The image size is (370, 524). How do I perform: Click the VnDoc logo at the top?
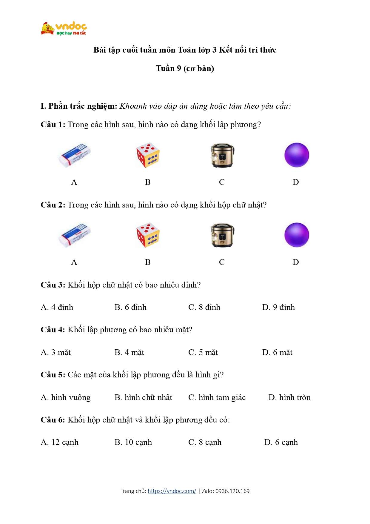pos(64,29)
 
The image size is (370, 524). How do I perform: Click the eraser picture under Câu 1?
pos(75,155)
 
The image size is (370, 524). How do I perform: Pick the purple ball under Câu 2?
pos(296,235)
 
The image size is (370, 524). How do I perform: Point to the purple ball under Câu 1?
pos(296,155)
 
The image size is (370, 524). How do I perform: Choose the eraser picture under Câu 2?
pos(75,235)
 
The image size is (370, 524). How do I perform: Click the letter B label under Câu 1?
pos(148,182)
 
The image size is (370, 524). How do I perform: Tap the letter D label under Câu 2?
pos(295,262)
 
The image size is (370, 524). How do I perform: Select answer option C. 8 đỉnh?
pos(204,307)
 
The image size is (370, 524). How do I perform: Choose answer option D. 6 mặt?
pos(277,352)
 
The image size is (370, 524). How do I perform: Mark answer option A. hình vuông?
pos(66,397)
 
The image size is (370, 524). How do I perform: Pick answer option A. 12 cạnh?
pos(60,442)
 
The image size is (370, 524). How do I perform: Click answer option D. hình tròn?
pos(289,397)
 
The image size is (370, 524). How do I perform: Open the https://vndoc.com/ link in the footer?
pos(172,491)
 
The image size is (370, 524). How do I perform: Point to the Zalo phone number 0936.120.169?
pos(232,491)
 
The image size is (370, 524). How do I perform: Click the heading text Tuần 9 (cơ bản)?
pos(185,68)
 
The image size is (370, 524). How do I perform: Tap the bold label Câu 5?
pos(53,375)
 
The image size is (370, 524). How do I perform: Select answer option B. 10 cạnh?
pos(133,442)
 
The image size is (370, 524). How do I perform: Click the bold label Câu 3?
pos(53,285)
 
